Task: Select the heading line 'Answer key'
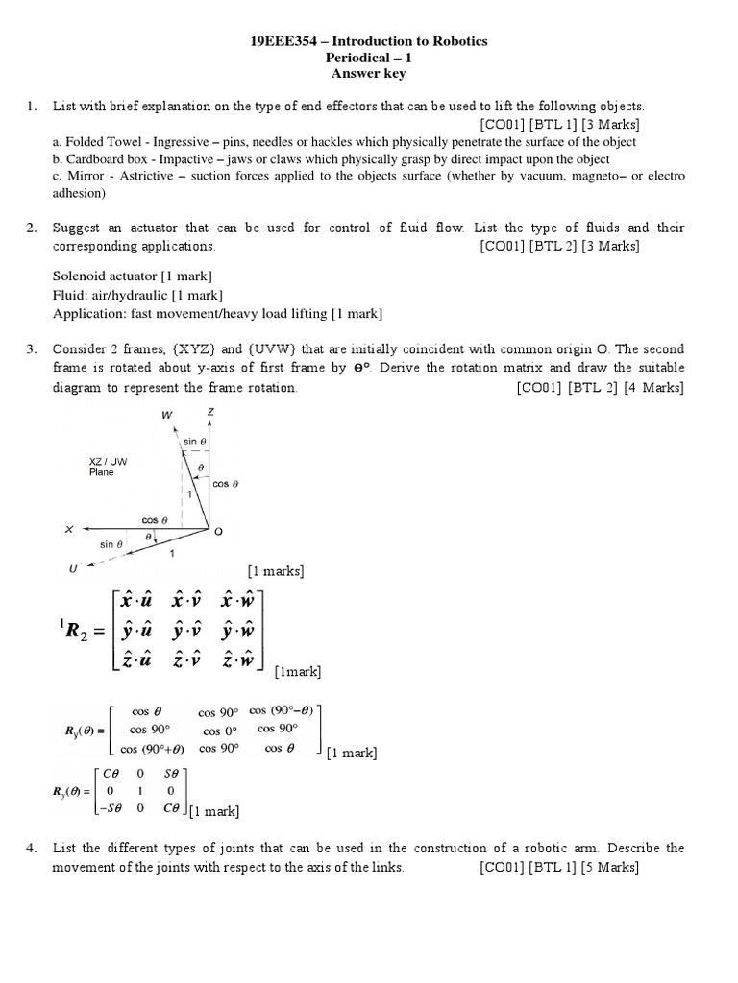[368, 73]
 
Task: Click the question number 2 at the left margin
[32, 228]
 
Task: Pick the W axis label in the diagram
[168, 415]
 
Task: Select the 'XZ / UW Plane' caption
[107, 467]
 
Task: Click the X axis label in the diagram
[69, 528]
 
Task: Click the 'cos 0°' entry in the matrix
[218, 731]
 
